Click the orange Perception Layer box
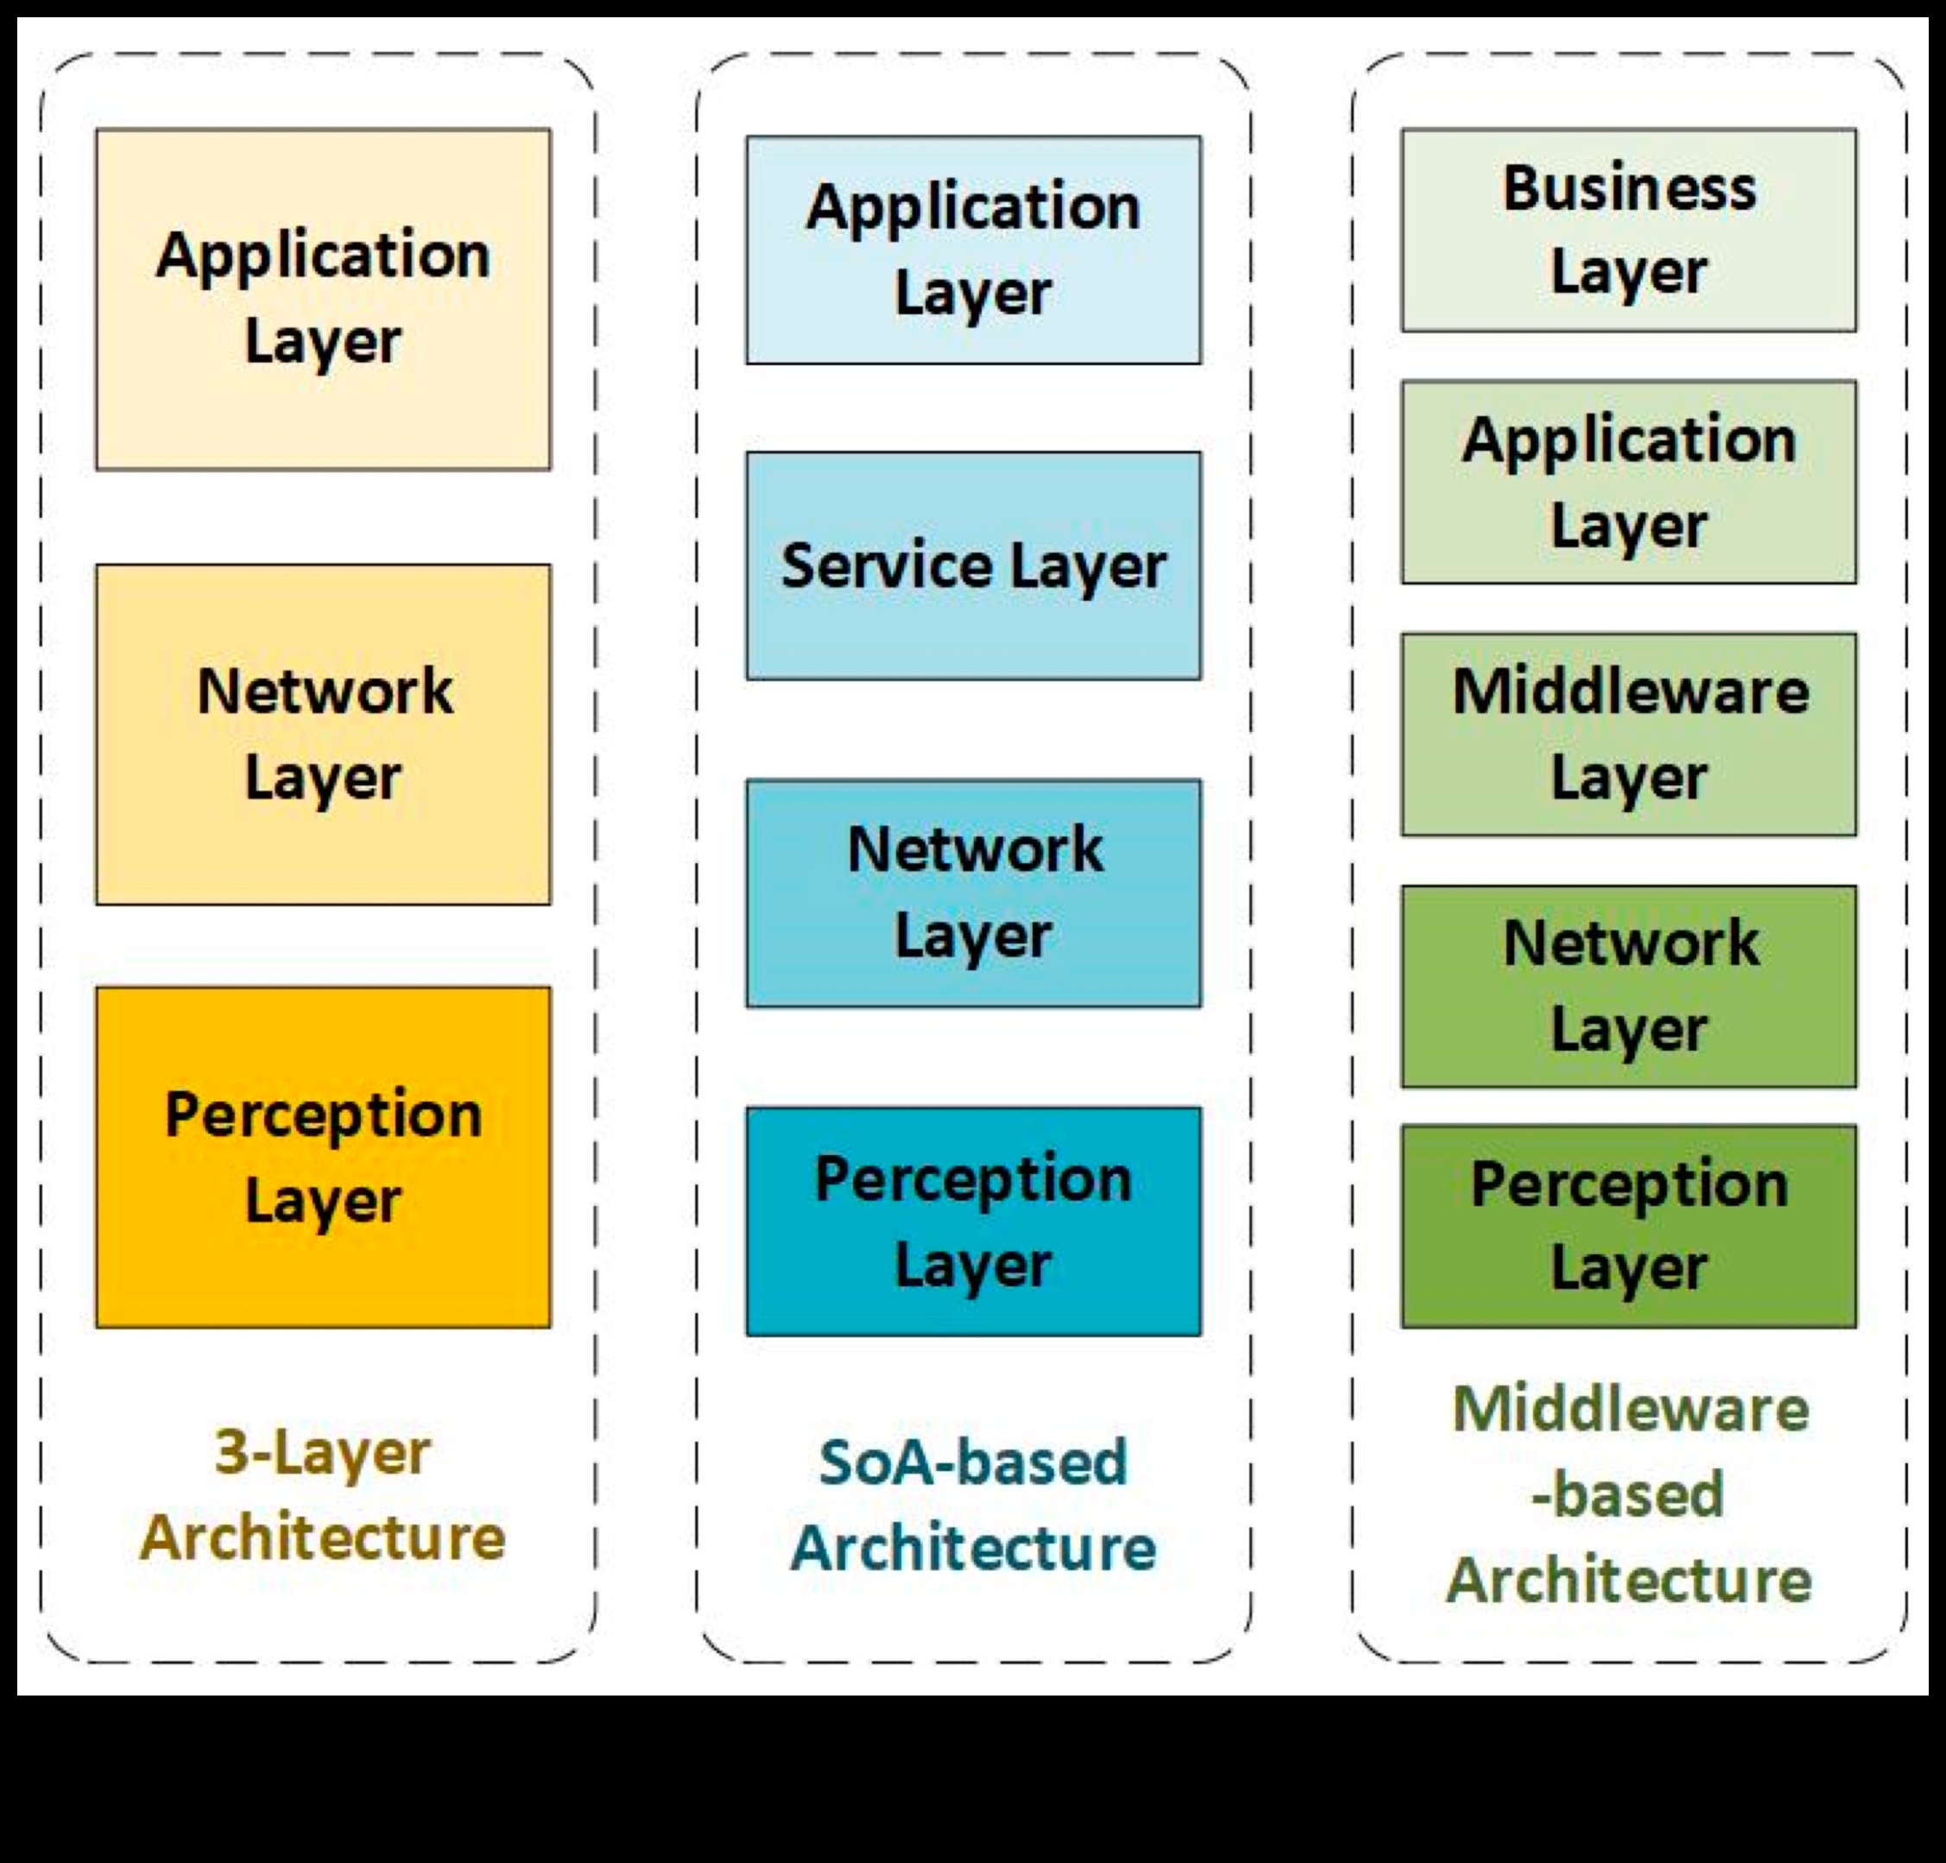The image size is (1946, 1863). click(x=323, y=1156)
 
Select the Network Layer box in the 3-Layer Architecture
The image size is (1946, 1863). click(x=323, y=735)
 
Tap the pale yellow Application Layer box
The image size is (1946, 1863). click(x=323, y=298)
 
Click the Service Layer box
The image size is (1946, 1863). click(x=973, y=565)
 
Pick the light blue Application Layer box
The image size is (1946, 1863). click(x=973, y=250)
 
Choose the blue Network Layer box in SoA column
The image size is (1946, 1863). click(x=973, y=894)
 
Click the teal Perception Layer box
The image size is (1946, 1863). click(x=973, y=1221)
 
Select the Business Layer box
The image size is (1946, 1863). click(x=1628, y=230)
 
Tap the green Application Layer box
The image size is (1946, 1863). click(x=1628, y=482)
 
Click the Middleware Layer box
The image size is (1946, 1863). click(x=1628, y=735)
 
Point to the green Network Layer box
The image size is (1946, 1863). click(x=1628, y=986)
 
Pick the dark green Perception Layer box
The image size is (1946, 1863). click(x=1628, y=1226)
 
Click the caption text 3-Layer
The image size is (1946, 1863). click(x=323, y=1453)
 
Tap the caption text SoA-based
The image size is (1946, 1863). click(x=973, y=1463)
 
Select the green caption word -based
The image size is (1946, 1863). click(x=1628, y=1494)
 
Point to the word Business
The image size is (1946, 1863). click(x=1628, y=187)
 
